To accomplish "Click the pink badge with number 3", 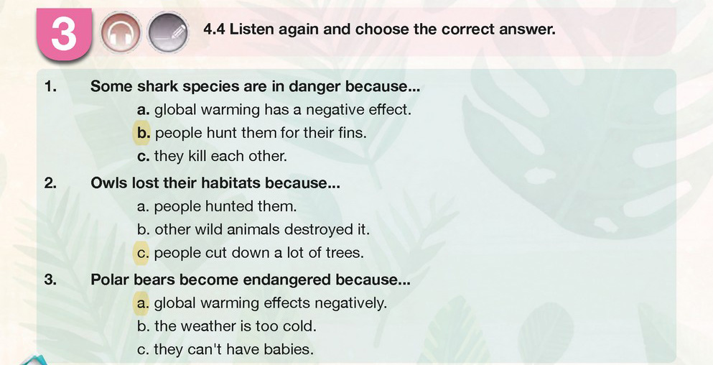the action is [x=64, y=34].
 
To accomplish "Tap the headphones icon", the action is [x=121, y=33].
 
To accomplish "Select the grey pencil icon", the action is [x=168, y=33].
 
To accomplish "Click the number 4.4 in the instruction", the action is [x=215, y=29].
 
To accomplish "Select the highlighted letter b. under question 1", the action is [x=144, y=133].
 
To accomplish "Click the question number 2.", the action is [x=50, y=183].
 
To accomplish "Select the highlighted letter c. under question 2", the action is [x=143, y=253].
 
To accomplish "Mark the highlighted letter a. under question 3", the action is [x=143, y=302].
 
